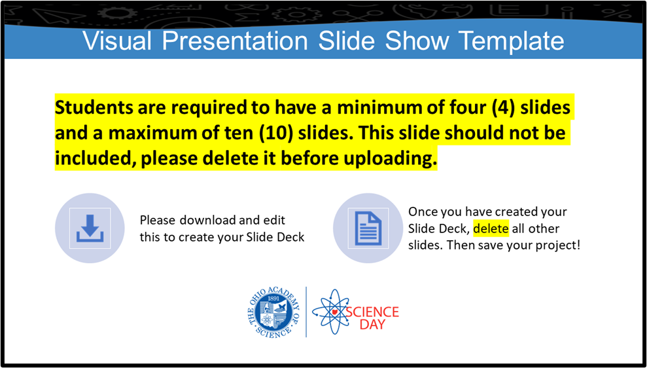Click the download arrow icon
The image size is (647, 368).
tap(90, 229)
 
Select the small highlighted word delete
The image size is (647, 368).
tap(491, 229)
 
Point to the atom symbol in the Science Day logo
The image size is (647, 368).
tap(331, 312)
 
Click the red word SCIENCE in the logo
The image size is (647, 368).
tap(372, 312)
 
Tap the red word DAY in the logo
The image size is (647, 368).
tap(372, 324)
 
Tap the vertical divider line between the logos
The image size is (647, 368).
tap(306, 312)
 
